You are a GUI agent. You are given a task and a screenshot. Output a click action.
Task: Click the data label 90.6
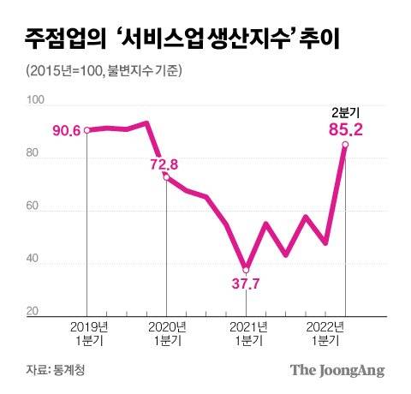click(x=65, y=130)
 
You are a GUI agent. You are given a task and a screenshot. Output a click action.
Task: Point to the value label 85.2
click(x=344, y=131)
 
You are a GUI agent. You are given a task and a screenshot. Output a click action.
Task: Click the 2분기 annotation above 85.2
click(x=344, y=113)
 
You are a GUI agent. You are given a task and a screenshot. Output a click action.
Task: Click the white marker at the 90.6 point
click(x=86, y=130)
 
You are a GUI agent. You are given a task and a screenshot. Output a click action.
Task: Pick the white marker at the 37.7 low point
click(x=246, y=269)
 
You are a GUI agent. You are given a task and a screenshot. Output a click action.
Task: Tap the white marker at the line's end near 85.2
click(x=345, y=145)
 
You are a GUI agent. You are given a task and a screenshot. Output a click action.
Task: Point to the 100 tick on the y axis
click(x=36, y=102)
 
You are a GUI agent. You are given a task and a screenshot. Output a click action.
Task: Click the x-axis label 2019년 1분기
click(x=86, y=334)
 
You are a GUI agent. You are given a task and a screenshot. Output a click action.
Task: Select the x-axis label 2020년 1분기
click(x=166, y=334)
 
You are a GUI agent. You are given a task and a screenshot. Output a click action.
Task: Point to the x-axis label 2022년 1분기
click(x=325, y=334)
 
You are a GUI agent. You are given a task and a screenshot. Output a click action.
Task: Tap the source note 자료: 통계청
click(x=57, y=370)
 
